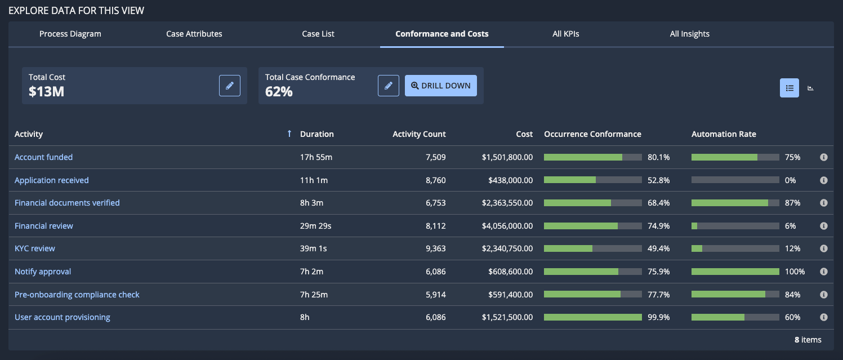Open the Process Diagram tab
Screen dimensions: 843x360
pyautogui.click(x=70, y=34)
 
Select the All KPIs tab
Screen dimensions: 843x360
pyautogui.click(x=565, y=34)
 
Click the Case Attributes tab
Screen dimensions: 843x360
pyautogui.click(x=194, y=34)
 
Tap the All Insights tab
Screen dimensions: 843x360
pyautogui.click(x=689, y=34)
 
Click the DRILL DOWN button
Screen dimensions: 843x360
pyautogui.click(x=441, y=86)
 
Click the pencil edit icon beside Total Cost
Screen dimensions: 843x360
pyautogui.click(x=230, y=86)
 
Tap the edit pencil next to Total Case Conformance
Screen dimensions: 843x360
pyautogui.click(x=389, y=86)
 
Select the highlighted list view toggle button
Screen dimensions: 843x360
pyautogui.click(x=789, y=88)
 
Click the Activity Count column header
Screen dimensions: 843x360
pyautogui.click(x=419, y=134)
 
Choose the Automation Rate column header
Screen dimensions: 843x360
pyautogui.click(x=724, y=134)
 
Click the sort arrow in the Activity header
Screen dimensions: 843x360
pyautogui.click(x=289, y=134)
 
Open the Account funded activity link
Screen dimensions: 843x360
pyautogui.click(x=44, y=157)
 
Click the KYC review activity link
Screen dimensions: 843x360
pyautogui.click(x=34, y=248)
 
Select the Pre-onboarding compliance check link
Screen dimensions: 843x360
pyautogui.click(x=77, y=295)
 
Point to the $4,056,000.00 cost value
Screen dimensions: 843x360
pyautogui.click(x=507, y=226)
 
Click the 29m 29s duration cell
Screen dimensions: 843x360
pyautogui.click(x=315, y=226)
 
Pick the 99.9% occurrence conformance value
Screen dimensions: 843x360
pyautogui.click(x=659, y=317)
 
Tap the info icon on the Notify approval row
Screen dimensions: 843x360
pyautogui.click(x=824, y=272)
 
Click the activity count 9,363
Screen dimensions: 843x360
pyautogui.click(x=435, y=248)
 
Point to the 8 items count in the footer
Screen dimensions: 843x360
pyautogui.click(x=808, y=340)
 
